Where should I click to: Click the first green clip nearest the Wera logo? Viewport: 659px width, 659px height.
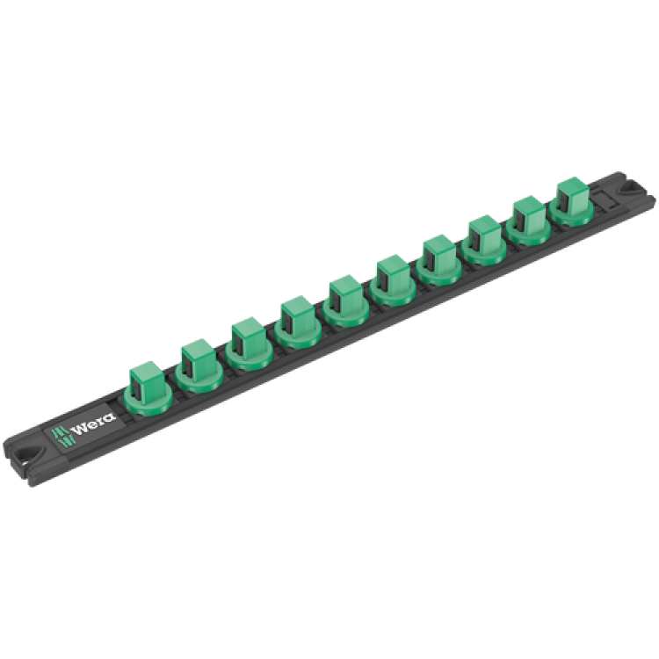(147, 387)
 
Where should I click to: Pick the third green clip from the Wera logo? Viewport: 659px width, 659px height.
(247, 345)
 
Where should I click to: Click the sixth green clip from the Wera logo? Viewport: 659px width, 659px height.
(393, 281)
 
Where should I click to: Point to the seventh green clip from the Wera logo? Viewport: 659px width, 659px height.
(439, 261)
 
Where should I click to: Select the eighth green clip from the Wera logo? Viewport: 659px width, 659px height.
(484, 241)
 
